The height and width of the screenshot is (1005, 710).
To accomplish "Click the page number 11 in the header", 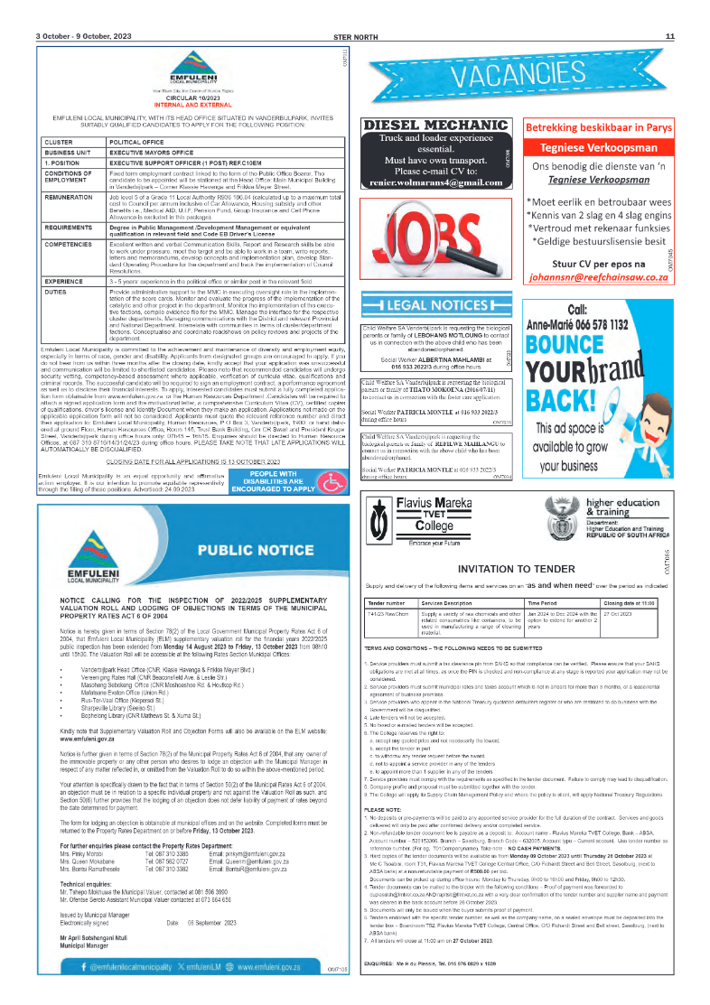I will (670, 36).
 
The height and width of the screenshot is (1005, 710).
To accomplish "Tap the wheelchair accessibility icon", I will (333, 482).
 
